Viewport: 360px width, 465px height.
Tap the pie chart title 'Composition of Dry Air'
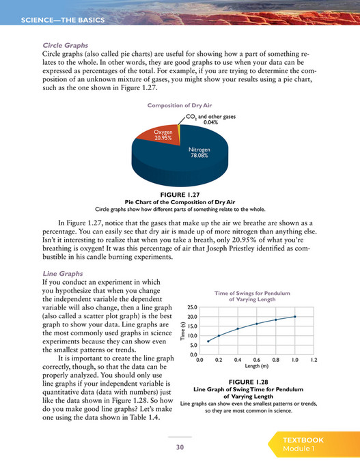coord(180,105)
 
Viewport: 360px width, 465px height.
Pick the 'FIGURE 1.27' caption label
coord(179,195)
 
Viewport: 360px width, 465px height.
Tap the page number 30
coord(180,447)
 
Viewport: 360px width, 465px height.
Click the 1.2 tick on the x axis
coord(314,359)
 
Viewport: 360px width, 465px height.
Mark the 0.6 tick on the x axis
coord(256,359)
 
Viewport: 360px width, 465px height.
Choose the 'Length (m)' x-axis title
coord(256,367)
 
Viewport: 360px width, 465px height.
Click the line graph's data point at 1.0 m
coord(294,316)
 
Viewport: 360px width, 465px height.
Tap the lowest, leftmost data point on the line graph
coord(209,341)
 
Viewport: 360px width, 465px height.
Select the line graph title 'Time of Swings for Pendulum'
coord(255,292)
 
